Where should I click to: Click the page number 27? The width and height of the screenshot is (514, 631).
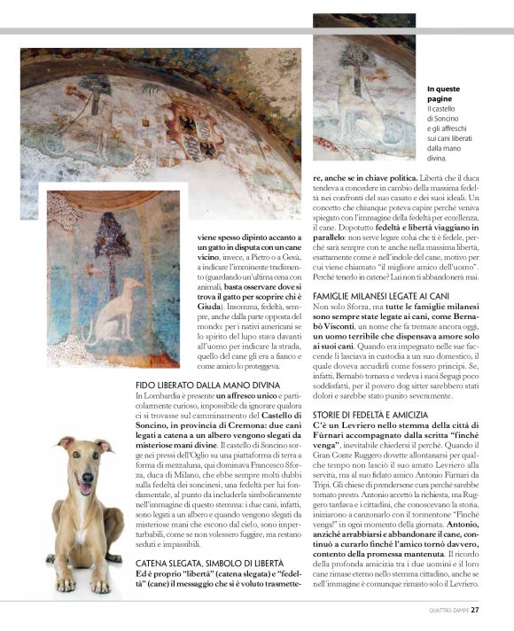(476, 609)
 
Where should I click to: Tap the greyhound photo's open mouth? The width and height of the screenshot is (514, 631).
(85, 487)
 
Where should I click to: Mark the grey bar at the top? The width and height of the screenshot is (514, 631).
(257, 31)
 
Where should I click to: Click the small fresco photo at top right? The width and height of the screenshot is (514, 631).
(364, 93)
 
